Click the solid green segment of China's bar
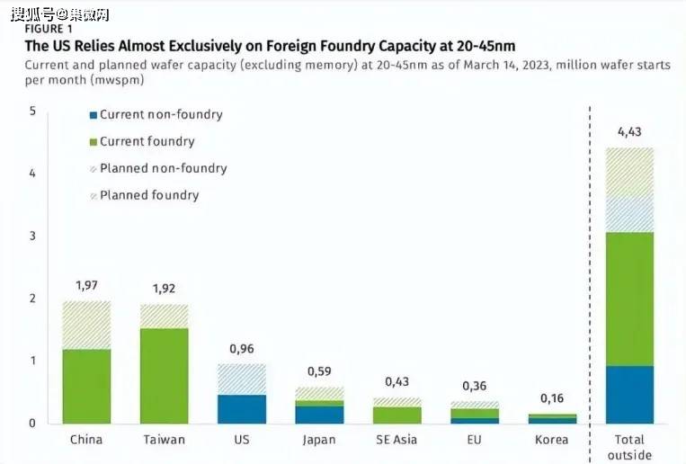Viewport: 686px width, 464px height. [86, 386]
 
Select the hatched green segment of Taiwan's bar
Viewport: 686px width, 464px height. [165, 316]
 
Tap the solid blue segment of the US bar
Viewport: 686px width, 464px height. [242, 408]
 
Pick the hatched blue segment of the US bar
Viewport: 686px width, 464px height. [242, 379]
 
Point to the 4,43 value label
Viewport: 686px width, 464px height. [629, 134]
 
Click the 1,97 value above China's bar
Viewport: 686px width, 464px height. [86, 286]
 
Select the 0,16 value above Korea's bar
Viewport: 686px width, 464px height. [552, 398]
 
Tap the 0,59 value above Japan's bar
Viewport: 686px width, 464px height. [319, 371]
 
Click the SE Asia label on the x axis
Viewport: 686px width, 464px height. [396, 440]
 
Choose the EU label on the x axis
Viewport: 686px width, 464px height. [475, 440]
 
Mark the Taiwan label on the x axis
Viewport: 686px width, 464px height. [164, 440]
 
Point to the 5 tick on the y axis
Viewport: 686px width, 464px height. [32, 111]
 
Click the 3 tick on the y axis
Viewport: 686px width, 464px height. [32, 236]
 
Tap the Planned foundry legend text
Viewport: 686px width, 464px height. [149, 195]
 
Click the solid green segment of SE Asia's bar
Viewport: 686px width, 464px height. [396, 415]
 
